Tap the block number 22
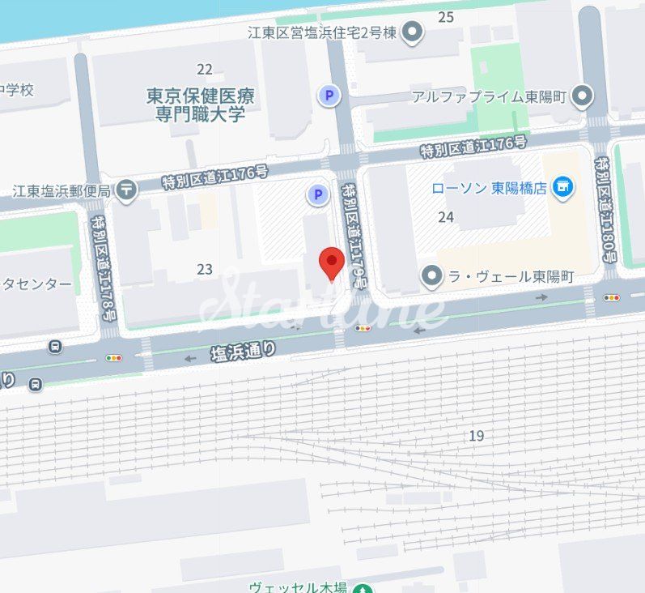(x=205, y=70)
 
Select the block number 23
(x=205, y=270)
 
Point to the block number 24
(x=446, y=217)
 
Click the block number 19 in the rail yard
(x=477, y=436)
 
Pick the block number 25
(x=446, y=16)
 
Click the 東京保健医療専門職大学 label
(x=201, y=105)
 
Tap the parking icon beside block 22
(x=329, y=96)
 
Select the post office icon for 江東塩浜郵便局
(x=126, y=190)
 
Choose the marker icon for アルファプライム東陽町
(x=581, y=97)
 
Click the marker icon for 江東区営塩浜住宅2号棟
(x=414, y=33)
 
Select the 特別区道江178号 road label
(x=104, y=268)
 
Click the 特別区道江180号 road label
(x=605, y=209)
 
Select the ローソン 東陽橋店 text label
(x=490, y=188)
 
